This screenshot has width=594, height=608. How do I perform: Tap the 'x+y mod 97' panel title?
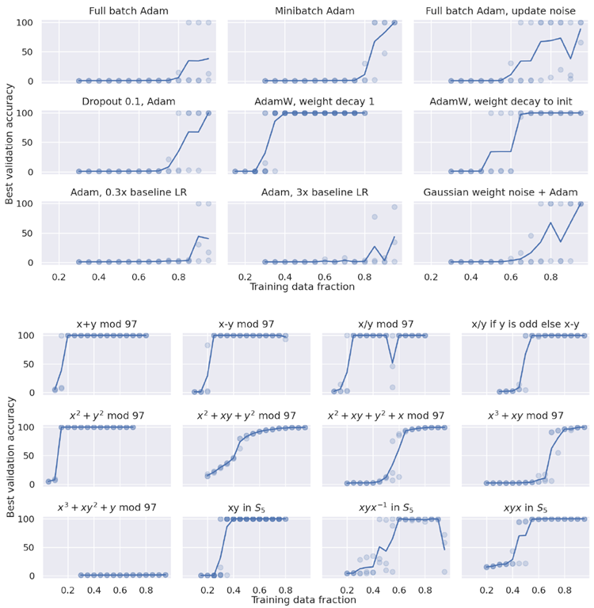tap(108, 325)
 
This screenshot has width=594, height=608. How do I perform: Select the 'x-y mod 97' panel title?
tap(246, 325)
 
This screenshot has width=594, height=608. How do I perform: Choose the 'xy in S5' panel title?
tap(246, 507)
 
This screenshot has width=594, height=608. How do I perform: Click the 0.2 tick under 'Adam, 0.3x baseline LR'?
tap(58, 277)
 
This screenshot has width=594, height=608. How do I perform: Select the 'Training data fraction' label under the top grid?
tap(303, 287)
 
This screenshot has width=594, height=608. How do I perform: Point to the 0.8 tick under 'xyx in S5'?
tap(565, 590)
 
